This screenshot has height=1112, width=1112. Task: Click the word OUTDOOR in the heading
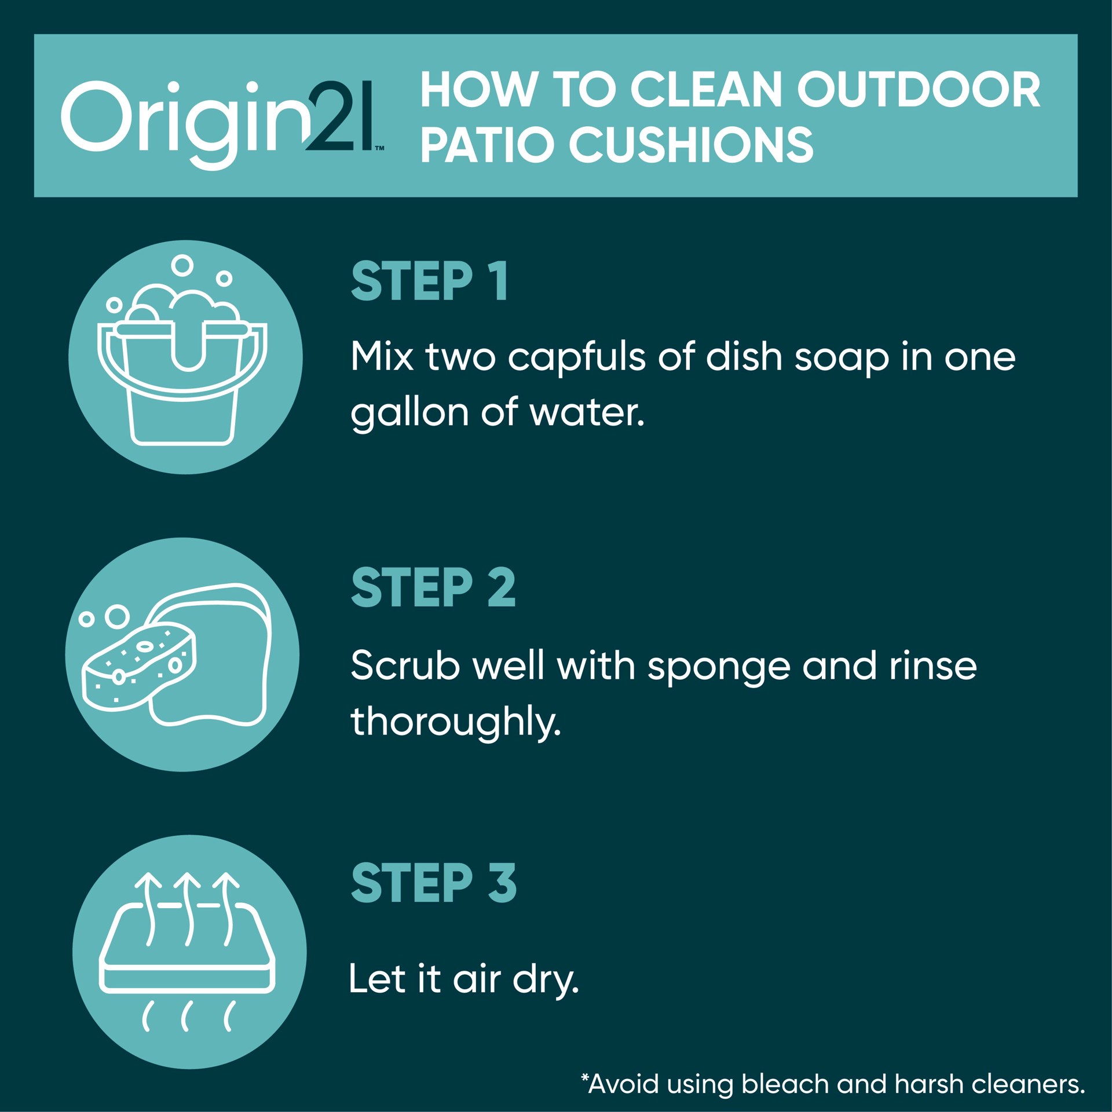click(919, 90)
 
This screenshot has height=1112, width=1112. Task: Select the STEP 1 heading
click(429, 281)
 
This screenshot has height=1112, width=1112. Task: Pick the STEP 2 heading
click(433, 587)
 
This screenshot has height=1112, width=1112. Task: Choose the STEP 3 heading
click(434, 883)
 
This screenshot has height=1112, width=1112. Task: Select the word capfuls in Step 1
click(576, 357)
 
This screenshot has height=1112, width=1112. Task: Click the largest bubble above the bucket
click(182, 265)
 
